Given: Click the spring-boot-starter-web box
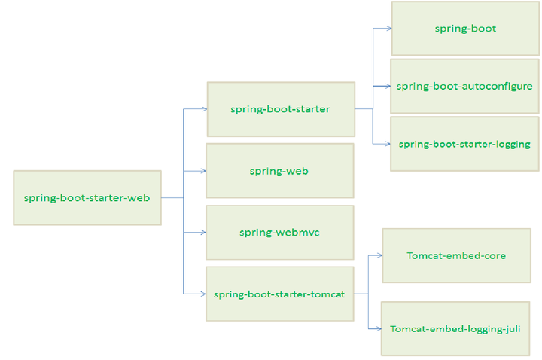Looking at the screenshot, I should (87, 198).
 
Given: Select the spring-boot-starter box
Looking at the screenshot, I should (280, 109).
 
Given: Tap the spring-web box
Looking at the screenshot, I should (279, 171).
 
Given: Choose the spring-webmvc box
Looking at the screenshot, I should (279, 233).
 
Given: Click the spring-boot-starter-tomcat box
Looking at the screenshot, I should (279, 294).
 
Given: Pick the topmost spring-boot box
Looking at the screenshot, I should (465, 29).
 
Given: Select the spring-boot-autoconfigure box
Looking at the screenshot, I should (464, 86).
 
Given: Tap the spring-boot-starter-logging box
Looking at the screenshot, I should (464, 144).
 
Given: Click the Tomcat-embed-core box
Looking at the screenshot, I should (456, 255).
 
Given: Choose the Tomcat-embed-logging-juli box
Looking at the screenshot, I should (455, 328).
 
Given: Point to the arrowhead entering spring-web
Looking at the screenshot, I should (203, 171).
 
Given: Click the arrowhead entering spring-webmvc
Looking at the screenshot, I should (203, 233).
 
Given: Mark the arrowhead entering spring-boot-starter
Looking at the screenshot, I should (204, 109).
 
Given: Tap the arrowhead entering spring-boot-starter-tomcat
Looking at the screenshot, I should (203, 294).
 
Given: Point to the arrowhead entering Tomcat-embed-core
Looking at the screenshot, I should (379, 256).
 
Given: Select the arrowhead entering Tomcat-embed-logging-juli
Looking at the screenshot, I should (379, 328).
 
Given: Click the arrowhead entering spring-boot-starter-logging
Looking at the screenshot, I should (387, 143).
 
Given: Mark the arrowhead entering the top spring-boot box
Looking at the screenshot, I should (388, 29).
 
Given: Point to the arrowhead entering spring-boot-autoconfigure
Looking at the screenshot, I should (387, 86).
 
